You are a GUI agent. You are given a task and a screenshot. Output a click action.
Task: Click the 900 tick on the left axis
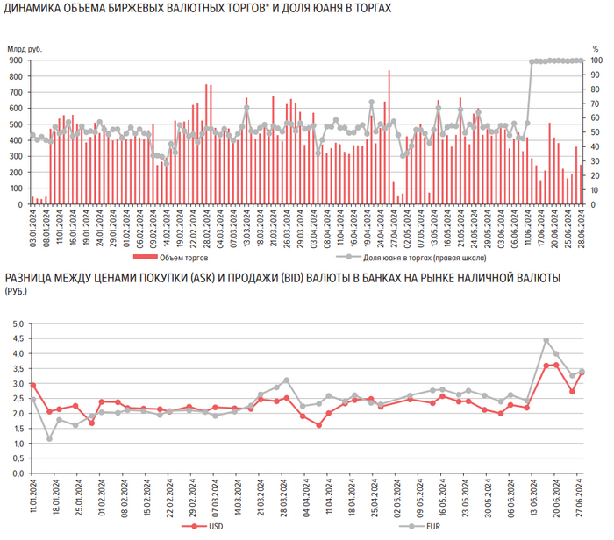pyautogui.click(x=17, y=60)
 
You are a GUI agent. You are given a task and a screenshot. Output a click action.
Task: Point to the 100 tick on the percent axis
pyautogui.click(x=595, y=60)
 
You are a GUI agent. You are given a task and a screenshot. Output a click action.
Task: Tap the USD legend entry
pyautogui.click(x=213, y=526)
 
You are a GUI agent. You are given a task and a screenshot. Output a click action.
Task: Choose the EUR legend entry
pyautogui.click(x=430, y=526)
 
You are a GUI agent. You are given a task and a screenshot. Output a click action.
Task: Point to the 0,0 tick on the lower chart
pyautogui.click(x=18, y=473)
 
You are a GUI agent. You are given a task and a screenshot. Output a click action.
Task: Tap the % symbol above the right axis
pyautogui.click(x=595, y=49)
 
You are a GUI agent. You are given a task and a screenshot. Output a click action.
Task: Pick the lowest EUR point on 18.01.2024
pyautogui.click(x=49, y=438)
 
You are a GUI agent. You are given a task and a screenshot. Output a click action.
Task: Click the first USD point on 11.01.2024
pyautogui.click(x=32, y=385)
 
